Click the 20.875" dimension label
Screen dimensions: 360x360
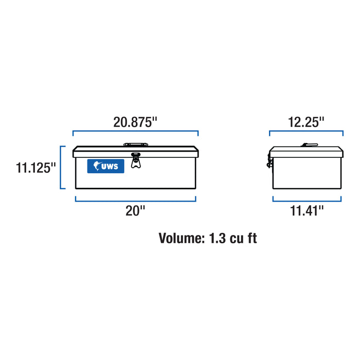pyautogui.click(x=135, y=122)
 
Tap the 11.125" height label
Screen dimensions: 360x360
pyautogui.click(x=35, y=168)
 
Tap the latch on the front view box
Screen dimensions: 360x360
pyautogui.click(x=135, y=160)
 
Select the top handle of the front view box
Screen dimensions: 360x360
pyautogui.click(x=135, y=146)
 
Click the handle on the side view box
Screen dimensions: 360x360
pyautogui.click(x=310, y=146)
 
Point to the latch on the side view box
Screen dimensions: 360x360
pyautogui.click(x=269, y=161)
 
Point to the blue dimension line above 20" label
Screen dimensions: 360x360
pyautogui.click(x=136, y=200)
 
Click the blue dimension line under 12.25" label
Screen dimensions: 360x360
pyautogui.click(x=306, y=133)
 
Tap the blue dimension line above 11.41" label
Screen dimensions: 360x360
pyautogui.click(x=306, y=200)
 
